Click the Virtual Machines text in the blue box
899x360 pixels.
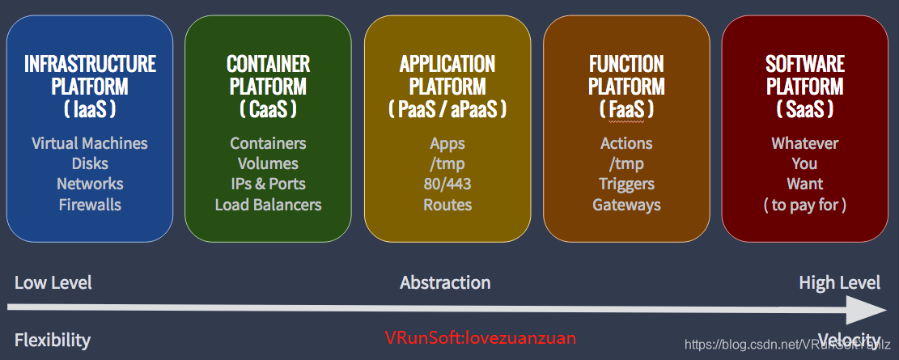point(90,143)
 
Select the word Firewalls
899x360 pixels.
point(90,205)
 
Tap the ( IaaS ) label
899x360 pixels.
point(90,108)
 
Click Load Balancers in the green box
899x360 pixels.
point(268,205)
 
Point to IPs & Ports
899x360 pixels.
point(268,184)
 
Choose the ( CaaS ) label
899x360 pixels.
point(268,108)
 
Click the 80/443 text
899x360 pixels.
point(447,184)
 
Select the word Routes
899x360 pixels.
point(447,205)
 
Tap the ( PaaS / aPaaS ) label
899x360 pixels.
point(447,108)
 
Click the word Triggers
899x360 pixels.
point(626,184)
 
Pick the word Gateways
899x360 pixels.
point(626,205)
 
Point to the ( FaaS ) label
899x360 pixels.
point(626,108)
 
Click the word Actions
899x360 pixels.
point(626,143)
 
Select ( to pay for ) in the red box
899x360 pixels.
point(805,205)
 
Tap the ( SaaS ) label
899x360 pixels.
point(805,108)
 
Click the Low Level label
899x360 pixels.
point(53,282)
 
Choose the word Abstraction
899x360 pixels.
point(445,282)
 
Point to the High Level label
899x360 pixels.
point(839,282)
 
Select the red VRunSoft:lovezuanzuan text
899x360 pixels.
point(480,337)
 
